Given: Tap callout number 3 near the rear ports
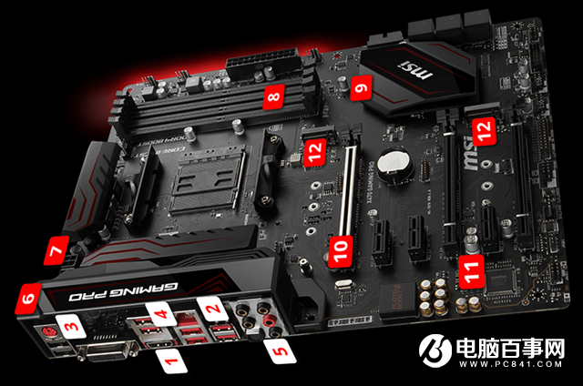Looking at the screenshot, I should (x=69, y=324).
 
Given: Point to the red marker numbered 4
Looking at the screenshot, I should (x=162, y=315).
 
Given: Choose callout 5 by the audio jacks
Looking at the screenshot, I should (x=277, y=345).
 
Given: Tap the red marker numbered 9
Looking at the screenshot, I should (x=361, y=89).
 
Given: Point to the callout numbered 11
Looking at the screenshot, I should (x=470, y=269).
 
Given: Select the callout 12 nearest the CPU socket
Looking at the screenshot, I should (x=314, y=155).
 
